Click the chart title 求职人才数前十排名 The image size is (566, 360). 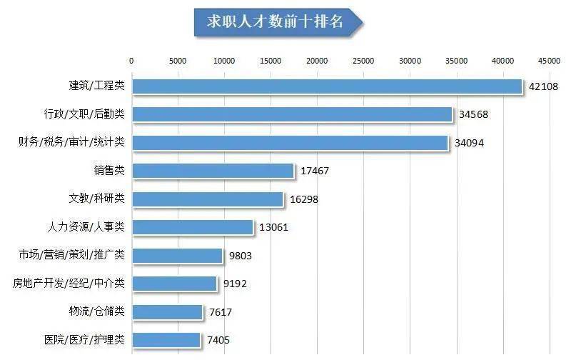tap(276, 22)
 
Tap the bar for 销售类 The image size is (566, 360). tap(213, 171)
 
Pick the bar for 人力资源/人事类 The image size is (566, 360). tap(193, 227)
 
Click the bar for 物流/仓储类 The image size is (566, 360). tap(167, 312)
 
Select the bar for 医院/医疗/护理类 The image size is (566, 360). tap(166, 340)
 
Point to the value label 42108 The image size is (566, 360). tap(543, 86)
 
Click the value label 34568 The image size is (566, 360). tap(474, 114)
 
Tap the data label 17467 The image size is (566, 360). tap(314, 171)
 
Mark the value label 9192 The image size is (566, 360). tap(235, 284)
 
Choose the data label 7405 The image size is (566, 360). tap(218, 340)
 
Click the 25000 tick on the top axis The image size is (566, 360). tap(363, 60)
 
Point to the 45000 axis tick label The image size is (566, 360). tap(549, 60)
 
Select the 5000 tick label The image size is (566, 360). tap(178, 60)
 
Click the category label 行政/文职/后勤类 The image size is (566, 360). tap(84, 114)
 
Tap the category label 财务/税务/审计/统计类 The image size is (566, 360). tap(71, 142)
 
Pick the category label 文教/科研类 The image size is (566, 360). tap(96, 199)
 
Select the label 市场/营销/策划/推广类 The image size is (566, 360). tap(71, 255)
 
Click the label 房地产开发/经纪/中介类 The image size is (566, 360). tap(69, 284)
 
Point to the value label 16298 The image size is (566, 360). tap(303, 199)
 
